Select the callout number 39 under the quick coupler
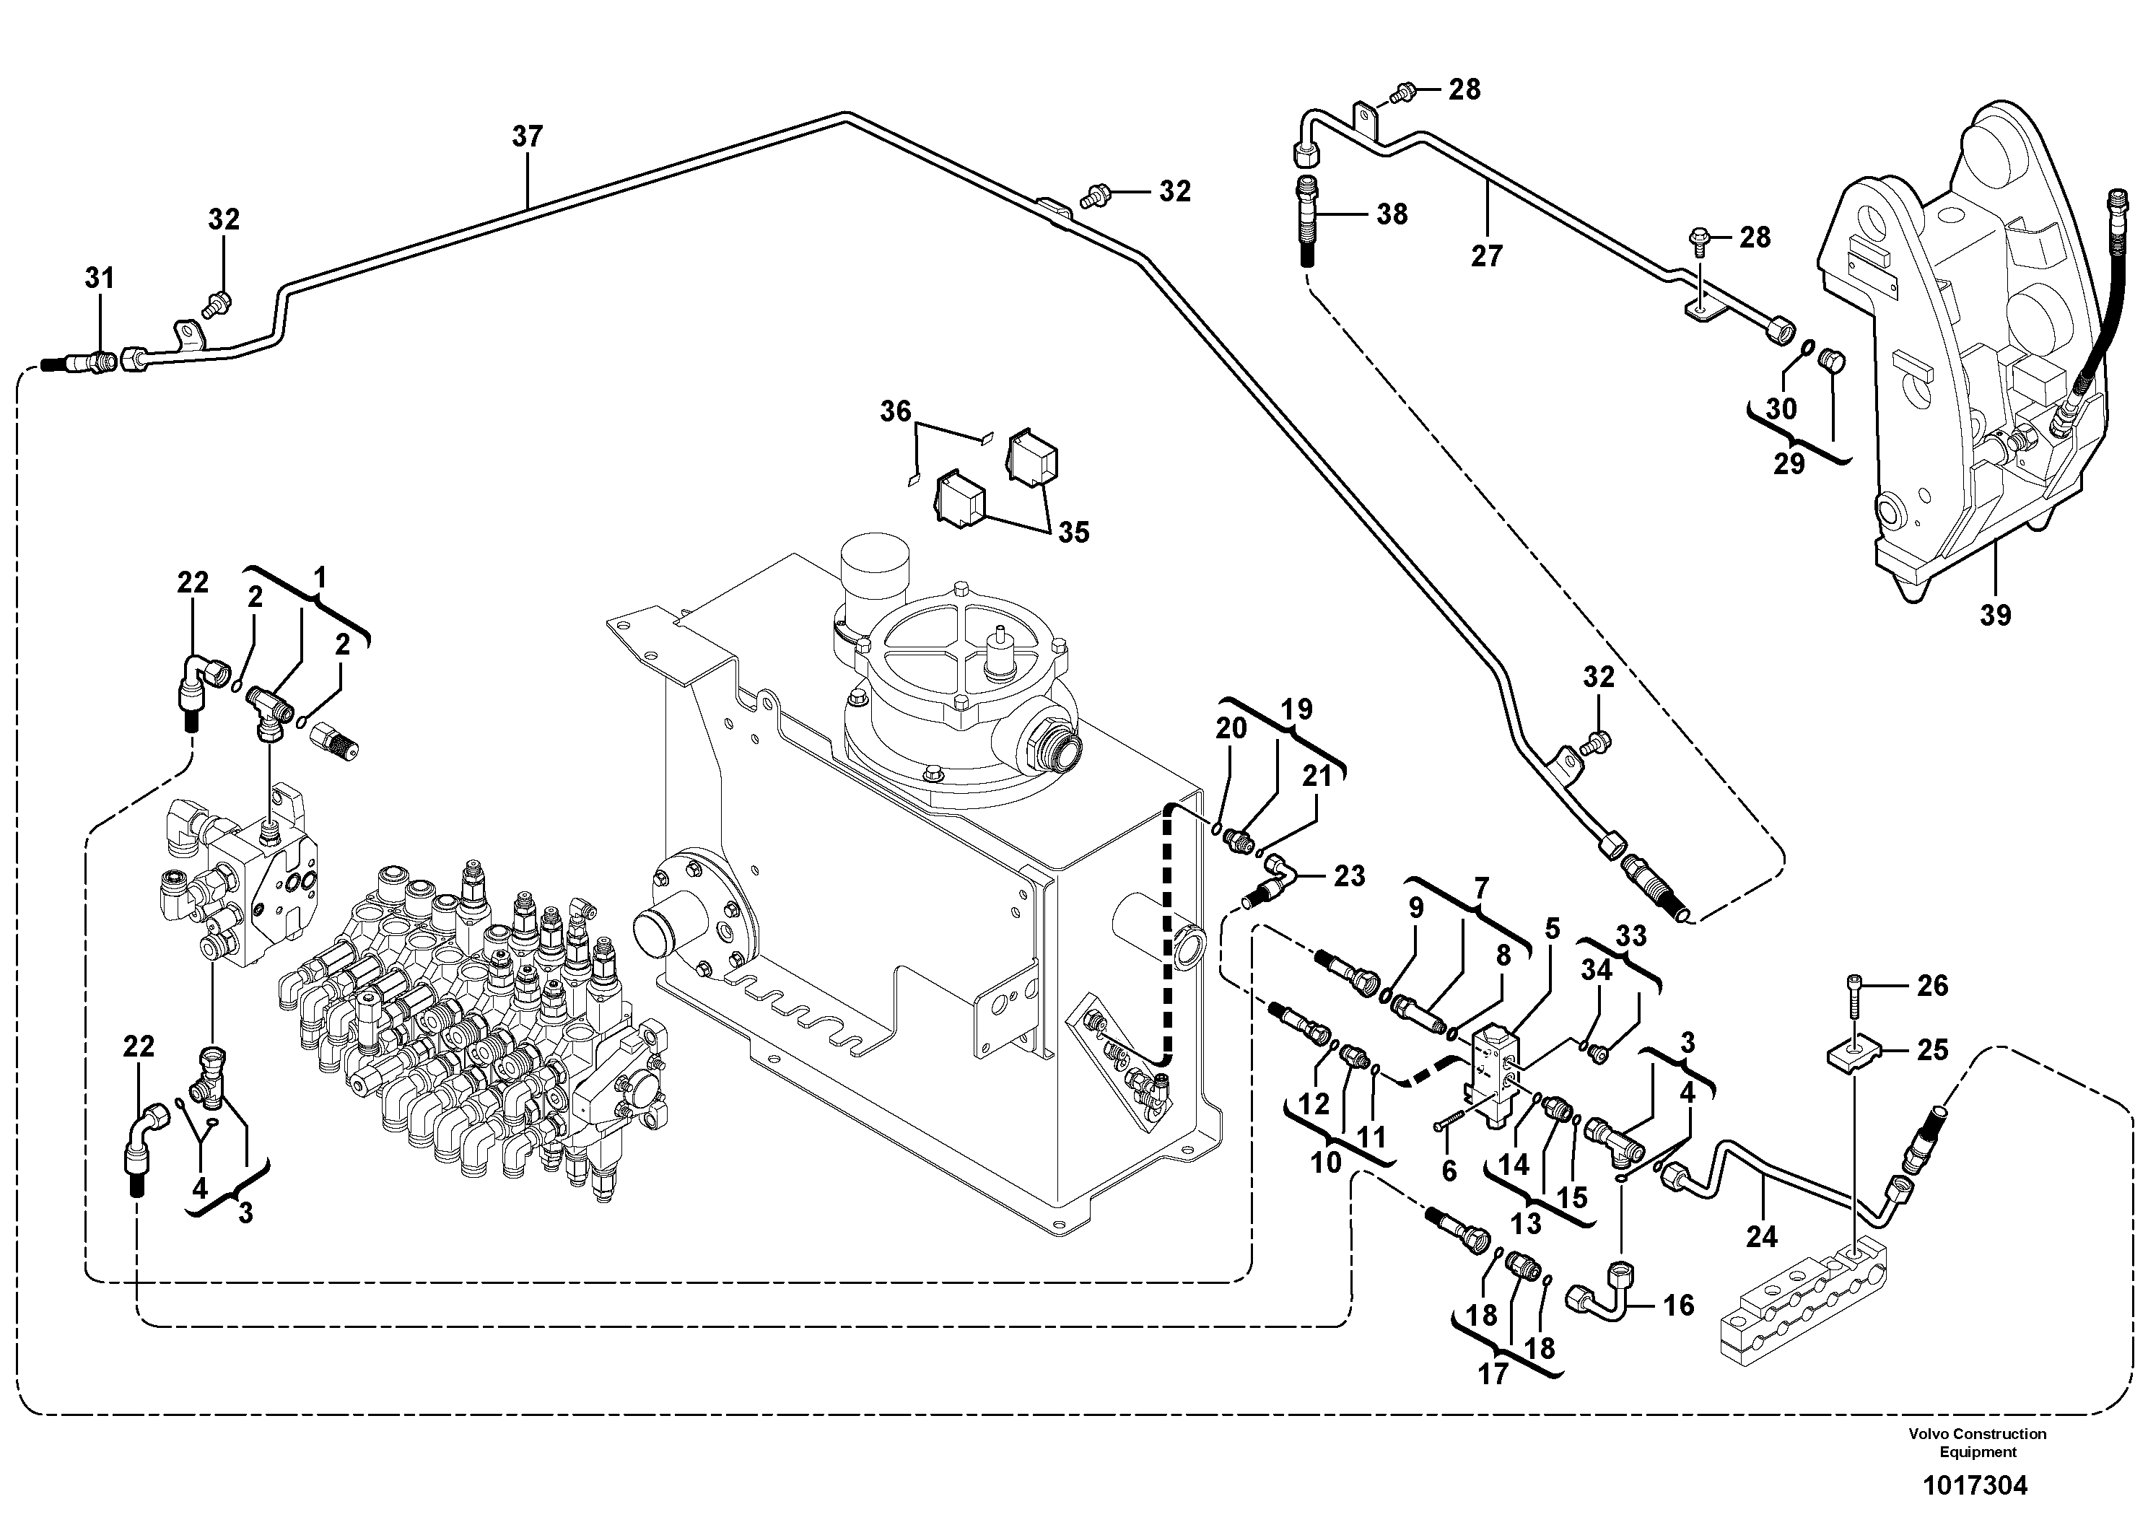[x=1996, y=616]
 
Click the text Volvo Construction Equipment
[x=1978, y=1442]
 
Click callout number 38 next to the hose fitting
[x=1392, y=214]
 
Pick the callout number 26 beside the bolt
[x=1933, y=985]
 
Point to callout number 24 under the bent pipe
[x=1762, y=1238]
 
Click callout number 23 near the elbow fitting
[x=1349, y=875]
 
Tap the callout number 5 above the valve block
[x=1552, y=929]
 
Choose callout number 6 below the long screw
[x=1449, y=1170]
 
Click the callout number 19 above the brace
[x=1296, y=710]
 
